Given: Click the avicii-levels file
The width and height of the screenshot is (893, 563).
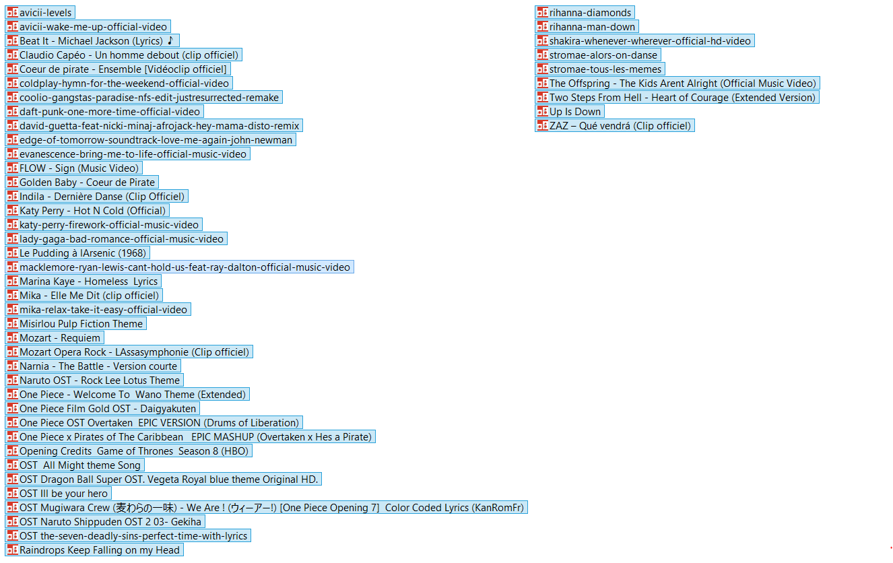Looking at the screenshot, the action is coord(40,12).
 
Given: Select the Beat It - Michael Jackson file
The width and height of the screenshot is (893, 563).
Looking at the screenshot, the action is coord(92,40).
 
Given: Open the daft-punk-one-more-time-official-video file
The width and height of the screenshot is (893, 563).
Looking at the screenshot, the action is coord(104,112).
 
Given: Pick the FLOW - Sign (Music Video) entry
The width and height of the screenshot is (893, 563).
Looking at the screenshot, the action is coord(74,168).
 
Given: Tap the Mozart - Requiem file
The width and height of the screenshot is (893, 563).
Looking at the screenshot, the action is coord(55,337).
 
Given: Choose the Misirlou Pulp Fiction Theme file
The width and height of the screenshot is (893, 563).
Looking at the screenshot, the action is coord(75,324).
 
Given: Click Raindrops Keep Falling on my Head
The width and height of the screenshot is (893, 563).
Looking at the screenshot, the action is coord(94,550).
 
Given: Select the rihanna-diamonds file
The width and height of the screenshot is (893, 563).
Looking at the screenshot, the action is coord(585,12).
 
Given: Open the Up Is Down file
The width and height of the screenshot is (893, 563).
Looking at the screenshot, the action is coord(570,112).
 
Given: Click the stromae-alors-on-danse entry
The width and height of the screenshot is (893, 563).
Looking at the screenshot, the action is coord(598,55).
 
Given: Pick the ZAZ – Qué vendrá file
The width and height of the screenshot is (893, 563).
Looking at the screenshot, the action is coord(615,126).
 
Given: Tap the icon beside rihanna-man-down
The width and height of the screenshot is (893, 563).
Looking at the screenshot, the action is coord(542,26).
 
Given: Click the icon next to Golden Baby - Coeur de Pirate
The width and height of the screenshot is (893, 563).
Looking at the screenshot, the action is coord(12,182).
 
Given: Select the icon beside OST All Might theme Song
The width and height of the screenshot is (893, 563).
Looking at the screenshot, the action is coord(12,465).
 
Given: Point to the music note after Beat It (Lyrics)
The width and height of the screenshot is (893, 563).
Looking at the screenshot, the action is coord(170,40).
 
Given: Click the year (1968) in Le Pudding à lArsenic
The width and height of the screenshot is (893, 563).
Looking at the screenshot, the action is coord(133,253).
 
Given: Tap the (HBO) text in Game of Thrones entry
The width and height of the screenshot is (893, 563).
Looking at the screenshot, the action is coord(235,451).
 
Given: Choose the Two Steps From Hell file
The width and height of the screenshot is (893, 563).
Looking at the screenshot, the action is coord(677,98).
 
